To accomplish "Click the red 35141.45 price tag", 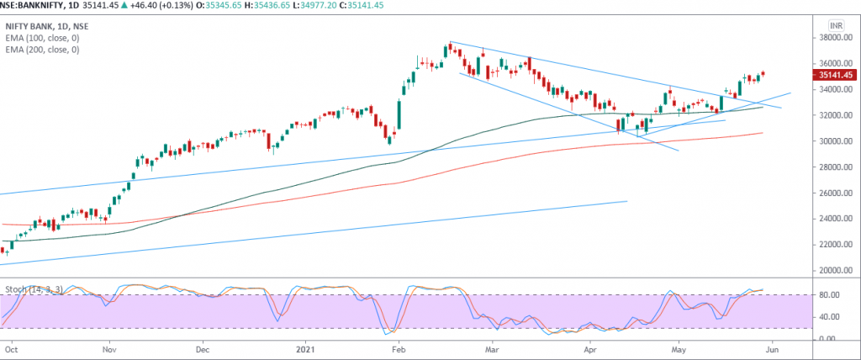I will coord(832,75).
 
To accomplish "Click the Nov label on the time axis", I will coord(110,346).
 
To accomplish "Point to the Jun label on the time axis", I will coord(773,346).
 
